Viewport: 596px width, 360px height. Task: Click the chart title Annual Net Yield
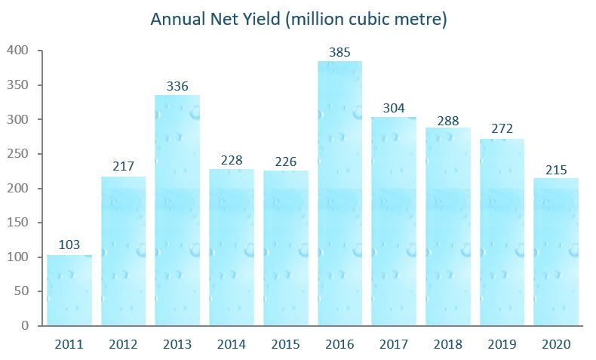point(299,19)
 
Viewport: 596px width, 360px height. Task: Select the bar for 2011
point(69,291)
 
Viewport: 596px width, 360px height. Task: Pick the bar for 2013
point(177,211)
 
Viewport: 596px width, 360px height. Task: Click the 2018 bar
point(448,226)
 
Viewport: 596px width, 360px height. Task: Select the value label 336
point(177,86)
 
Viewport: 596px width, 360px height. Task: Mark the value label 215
point(556,169)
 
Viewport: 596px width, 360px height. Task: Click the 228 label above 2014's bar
point(232,160)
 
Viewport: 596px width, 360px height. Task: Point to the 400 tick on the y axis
point(17,51)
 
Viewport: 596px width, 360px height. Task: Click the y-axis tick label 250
point(17,154)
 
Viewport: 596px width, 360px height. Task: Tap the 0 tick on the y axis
point(26,325)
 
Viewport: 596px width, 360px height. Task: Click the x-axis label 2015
point(285,345)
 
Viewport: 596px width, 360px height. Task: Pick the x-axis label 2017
point(394,345)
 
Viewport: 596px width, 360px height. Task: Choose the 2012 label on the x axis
point(123,345)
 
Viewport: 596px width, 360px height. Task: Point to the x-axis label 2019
point(502,345)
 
